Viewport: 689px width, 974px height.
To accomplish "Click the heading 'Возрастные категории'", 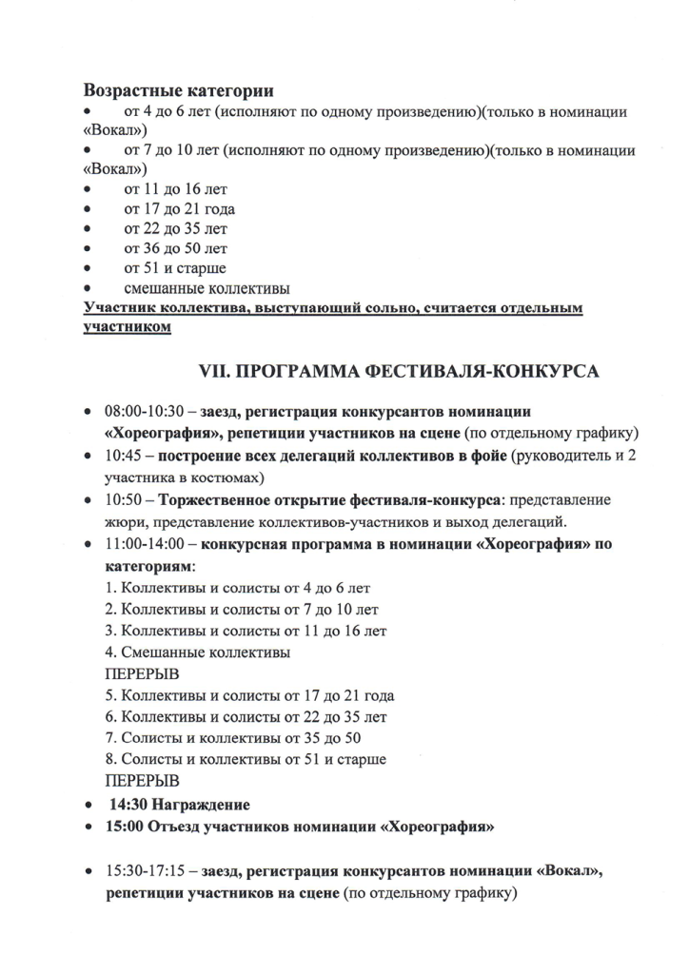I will [179, 91].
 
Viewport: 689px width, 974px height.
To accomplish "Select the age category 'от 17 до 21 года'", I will [179, 209].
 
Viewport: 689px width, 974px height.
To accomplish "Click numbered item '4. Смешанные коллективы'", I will [198, 653].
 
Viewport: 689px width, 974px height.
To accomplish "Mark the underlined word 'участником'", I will [128, 327].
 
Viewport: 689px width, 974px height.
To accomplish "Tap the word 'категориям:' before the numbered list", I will [149, 566].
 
